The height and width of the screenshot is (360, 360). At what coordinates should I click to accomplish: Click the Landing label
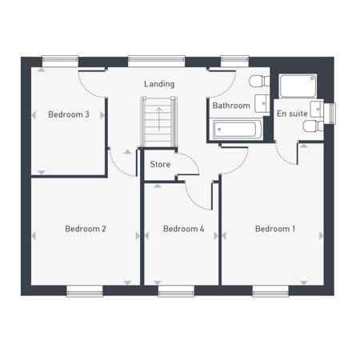pyautogui.click(x=159, y=84)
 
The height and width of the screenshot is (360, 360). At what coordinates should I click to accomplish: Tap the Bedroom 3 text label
pyautogui.click(x=69, y=114)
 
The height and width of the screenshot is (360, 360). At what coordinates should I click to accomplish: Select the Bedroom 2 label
pyautogui.click(x=86, y=229)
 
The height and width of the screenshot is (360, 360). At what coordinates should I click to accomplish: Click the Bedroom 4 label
pyautogui.click(x=184, y=229)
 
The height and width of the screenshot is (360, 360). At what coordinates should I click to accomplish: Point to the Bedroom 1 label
pyautogui.click(x=275, y=229)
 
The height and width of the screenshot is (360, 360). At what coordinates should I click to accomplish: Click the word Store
pyautogui.click(x=160, y=164)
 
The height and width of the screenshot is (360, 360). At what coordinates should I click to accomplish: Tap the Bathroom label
pyautogui.click(x=231, y=106)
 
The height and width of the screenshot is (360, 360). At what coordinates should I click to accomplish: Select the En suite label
pyautogui.click(x=292, y=114)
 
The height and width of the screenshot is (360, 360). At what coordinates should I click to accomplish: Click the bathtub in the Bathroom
pyautogui.click(x=236, y=130)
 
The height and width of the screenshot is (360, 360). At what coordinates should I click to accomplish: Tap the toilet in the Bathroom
pyautogui.click(x=259, y=81)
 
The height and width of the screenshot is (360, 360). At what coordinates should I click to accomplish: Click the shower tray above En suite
pyautogui.click(x=298, y=86)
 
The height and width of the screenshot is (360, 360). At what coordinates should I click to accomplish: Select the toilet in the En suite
pyautogui.click(x=314, y=126)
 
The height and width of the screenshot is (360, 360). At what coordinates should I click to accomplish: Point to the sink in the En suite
pyautogui.click(x=318, y=109)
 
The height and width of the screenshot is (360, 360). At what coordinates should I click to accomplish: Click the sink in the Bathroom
pyautogui.click(x=262, y=103)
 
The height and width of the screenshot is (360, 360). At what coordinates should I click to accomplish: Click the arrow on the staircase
pyautogui.click(x=159, y=119)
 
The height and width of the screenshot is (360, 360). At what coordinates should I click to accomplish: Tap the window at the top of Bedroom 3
pyautogui.click(x=60, y=62)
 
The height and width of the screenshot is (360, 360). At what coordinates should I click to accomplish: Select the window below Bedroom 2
pyautogui.click(x=85, y=291)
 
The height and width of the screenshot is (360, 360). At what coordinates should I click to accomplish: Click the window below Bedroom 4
pyautogui.click(x=176, y=291)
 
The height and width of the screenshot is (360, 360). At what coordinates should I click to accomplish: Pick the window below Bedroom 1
pyautogui.click(x=270, y=291)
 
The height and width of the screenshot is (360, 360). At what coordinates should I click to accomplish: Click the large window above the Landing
pyautogui.click(x=157, y=62)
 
